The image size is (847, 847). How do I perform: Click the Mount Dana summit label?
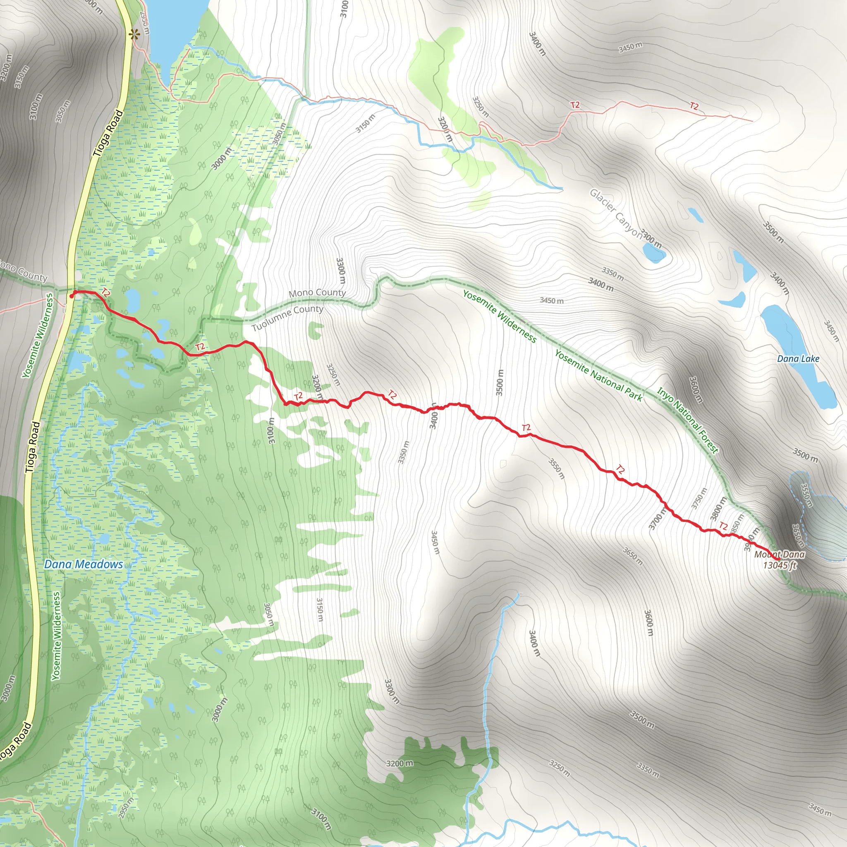click(x=779, y=554)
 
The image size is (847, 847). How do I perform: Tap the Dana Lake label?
click(x=798, y=359)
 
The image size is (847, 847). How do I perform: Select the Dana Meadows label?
click(x=83, y=564)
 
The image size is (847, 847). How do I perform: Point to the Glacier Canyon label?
click(x=615, y=213)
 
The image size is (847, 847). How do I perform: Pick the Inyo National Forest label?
click(x=687, y=420)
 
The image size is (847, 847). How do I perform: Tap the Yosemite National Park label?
click(x=598, y=376)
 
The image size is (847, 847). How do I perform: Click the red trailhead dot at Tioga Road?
click(x=72, y=296)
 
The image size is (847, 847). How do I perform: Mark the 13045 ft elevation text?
click(x=779, y=565)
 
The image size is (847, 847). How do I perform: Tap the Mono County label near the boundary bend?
click(x=317, y=292)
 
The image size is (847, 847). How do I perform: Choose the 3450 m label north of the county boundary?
click(x=552, y=300)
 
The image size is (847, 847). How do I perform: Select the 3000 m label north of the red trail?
click(x=221, y=159)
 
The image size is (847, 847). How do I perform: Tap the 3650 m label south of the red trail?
click(x=633, y=556)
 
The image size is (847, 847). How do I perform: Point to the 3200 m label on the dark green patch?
click(x=400, y=763)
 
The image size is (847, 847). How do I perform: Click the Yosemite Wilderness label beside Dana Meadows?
click(x=56, y=636)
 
